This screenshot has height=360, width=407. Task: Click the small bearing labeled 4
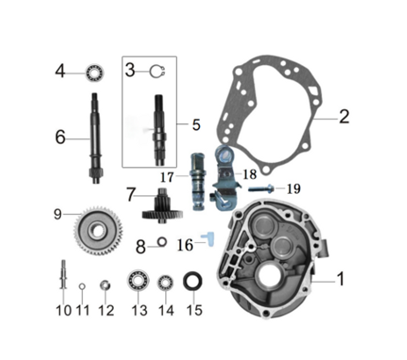pos(95,74)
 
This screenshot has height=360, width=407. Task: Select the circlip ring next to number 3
pos(157,72)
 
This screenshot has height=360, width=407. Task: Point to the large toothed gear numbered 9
pos(98,231)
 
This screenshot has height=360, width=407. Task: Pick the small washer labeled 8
pos(162,241)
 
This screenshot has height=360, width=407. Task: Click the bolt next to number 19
pos(260,189)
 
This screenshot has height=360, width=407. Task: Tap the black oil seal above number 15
pos(193,282)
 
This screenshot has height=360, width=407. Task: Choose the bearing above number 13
pos(138,280)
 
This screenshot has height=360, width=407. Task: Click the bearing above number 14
pos(165,283)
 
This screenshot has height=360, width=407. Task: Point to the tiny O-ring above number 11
pos(82,286)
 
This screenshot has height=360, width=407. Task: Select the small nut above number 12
pos(105,285)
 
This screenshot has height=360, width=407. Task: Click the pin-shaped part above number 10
pos(63,274)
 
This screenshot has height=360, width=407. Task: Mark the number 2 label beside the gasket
pos(344,117)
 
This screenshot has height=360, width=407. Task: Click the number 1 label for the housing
pos(340,279)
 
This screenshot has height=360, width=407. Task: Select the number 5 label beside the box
pos(196,125)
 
